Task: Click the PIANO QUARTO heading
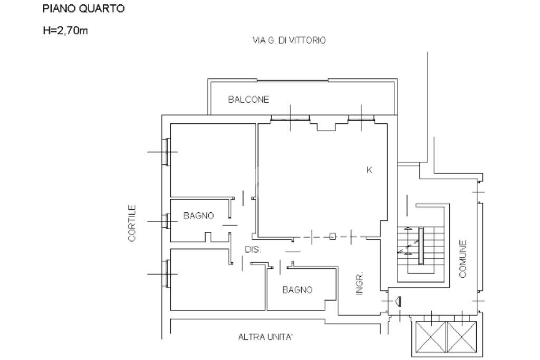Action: (x=83, y=9)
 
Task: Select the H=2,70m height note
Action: (x=65, y=31)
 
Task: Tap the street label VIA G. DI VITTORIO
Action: (x=289, y=40)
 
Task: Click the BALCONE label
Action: (x=248, y=100)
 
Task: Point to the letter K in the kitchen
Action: (x=369, y=170)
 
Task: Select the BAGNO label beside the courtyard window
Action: (x=198, y=216)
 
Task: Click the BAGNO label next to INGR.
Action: (x=297, y=289)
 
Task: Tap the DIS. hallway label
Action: (x=253, y=250)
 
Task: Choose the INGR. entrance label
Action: (x=360, y=284)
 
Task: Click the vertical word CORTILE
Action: (x=132, y=223)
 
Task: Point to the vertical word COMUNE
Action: (x=462, y=258)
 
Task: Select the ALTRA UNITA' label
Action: (x=265, y=336)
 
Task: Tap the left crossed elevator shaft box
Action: (x=431, y=337)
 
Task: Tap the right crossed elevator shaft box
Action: (x=462, y=337)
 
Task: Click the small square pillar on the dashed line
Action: (x=332, y=237)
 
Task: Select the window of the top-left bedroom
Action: (x=166, y=152)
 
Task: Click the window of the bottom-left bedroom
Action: (x=166, y=274)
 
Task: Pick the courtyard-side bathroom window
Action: (x=166, y=221)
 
